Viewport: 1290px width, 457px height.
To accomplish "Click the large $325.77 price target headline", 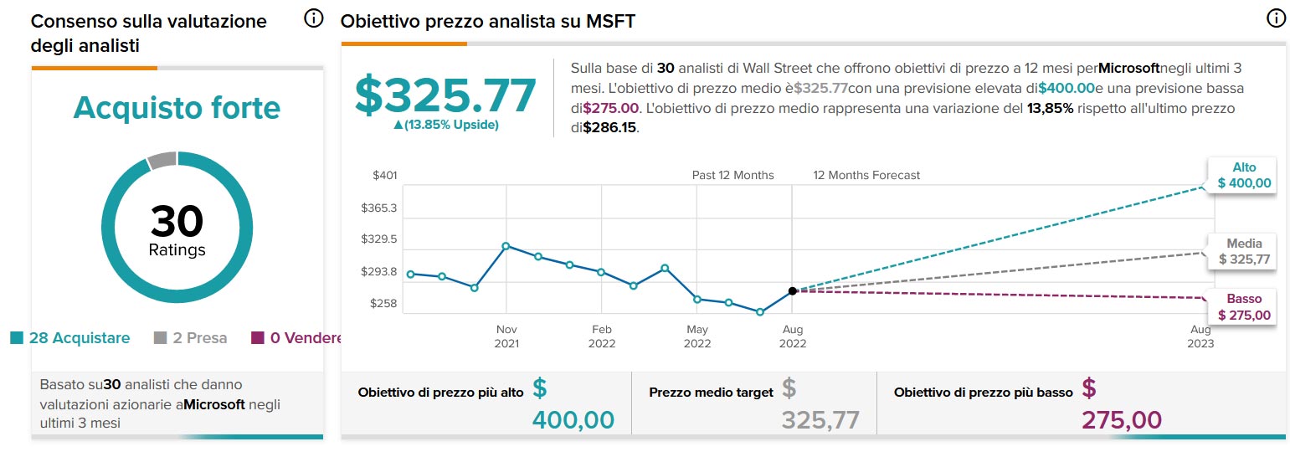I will click(x=445, y=95).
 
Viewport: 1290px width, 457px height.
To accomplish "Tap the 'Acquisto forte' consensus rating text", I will click(x=177, y=108).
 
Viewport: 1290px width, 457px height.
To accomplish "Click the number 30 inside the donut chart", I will click(x=177, y=222).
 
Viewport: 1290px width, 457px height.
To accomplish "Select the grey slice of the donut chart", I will click(x=162, y=160).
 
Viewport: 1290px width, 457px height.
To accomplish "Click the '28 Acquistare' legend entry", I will click(x=70, y=338).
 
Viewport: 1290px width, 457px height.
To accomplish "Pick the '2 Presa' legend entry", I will click(x=190, y=338).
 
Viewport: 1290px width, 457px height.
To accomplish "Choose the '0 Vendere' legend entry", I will click(x=298, y=338).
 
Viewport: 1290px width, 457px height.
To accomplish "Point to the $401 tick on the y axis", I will click(x=385, y=176).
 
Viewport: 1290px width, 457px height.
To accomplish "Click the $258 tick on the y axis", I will click(x=385, y=303).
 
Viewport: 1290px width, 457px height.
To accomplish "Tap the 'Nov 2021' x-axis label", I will click(x=506, y=336).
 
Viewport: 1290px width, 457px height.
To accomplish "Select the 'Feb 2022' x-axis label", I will click(x=601, y=336).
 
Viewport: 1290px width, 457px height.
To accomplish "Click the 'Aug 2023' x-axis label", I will click(x=1200, y=336).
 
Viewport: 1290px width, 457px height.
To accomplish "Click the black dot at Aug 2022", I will click(x=792, y=291).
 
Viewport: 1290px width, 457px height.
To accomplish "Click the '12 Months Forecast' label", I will click(x=866, y=176).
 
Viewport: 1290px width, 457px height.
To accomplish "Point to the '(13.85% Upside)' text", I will click(x=445, y=125).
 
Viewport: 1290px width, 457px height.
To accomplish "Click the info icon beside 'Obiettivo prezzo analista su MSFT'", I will click(x=1276, y=18).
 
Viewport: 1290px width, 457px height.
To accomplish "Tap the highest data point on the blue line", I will click(x=506, y=246).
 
